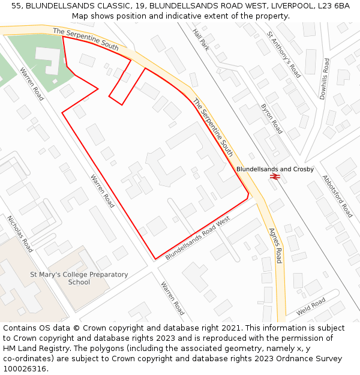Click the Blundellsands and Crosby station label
click(275, 169)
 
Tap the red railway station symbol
click(275, 176)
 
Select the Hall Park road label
click(201, 40)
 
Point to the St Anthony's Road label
click(284, 55)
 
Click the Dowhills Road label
click(325, 79)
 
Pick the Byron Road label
click(271, 118)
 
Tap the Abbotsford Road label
click(337, 196)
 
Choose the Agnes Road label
click(275, 245)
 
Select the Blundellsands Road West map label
click(198, 238)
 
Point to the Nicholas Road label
click(20, 233)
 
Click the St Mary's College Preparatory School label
click(79, 278)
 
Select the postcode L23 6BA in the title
click(333, 6)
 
